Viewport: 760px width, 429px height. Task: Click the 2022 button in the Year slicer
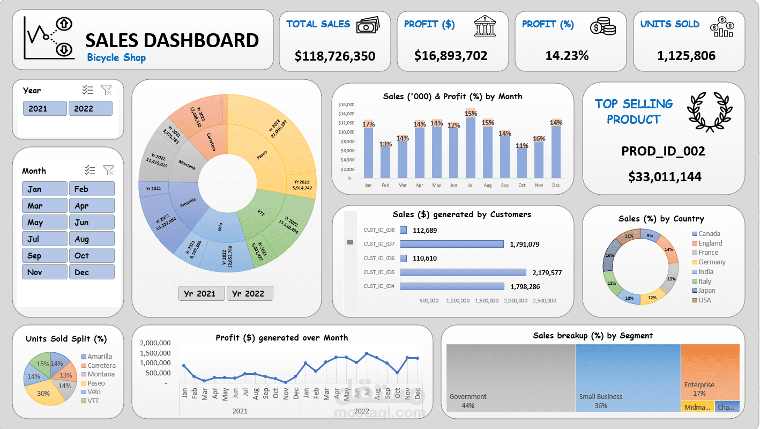coord(90,108)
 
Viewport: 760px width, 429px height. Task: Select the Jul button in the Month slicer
coord(44,239)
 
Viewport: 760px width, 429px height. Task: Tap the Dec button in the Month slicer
coord(92,272)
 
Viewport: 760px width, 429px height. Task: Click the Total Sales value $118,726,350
coord(335,56)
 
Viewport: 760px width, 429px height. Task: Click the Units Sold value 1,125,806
coord(686,55)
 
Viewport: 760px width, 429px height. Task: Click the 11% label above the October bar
coord(522,146)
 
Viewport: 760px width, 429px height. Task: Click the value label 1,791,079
coord(524,245)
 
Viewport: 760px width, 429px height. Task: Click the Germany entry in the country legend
coord(711,262)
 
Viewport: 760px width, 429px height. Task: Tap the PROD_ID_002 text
coord(663,151)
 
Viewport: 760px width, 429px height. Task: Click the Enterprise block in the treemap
coord(710,370)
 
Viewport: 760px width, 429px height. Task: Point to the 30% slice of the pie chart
coord(44,394)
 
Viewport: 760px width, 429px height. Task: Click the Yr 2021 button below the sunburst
coord(202,293)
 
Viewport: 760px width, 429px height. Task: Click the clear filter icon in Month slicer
coord(108,171)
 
